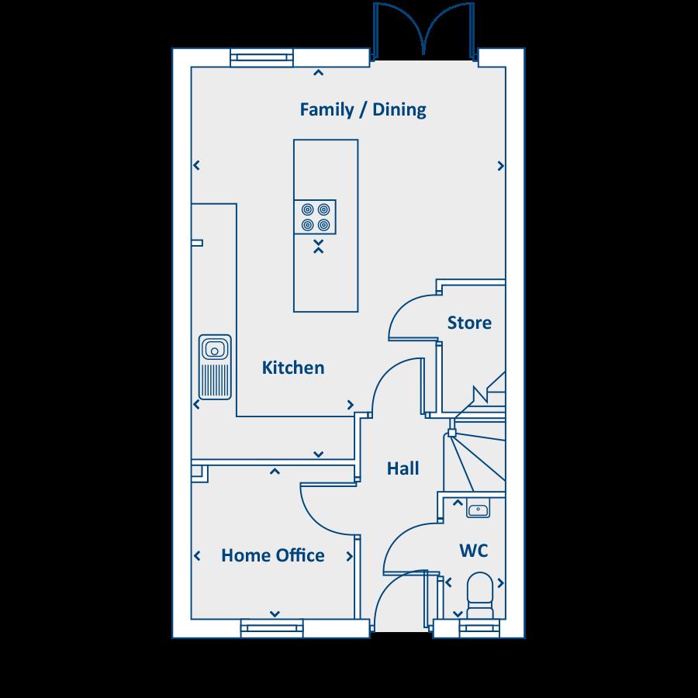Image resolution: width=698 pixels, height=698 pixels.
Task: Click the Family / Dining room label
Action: click(363, 109)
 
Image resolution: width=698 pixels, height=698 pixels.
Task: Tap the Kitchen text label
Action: click(293, 368)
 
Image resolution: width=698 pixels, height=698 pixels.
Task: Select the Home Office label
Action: click(272, 555)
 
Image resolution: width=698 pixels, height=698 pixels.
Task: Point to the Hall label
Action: click(403, 468)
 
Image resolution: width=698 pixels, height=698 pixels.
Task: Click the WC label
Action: click(473, 551)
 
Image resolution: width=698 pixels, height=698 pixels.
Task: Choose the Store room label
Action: click(469, 322)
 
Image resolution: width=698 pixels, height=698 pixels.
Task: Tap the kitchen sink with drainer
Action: click(215, 365)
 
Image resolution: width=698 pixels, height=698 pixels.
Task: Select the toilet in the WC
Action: click(479, 593)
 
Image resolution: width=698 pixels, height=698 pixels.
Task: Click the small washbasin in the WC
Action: click(477, 510)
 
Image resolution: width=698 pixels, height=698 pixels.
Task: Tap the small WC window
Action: click(471, 627)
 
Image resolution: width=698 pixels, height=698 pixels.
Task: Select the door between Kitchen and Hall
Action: click(396, 384)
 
